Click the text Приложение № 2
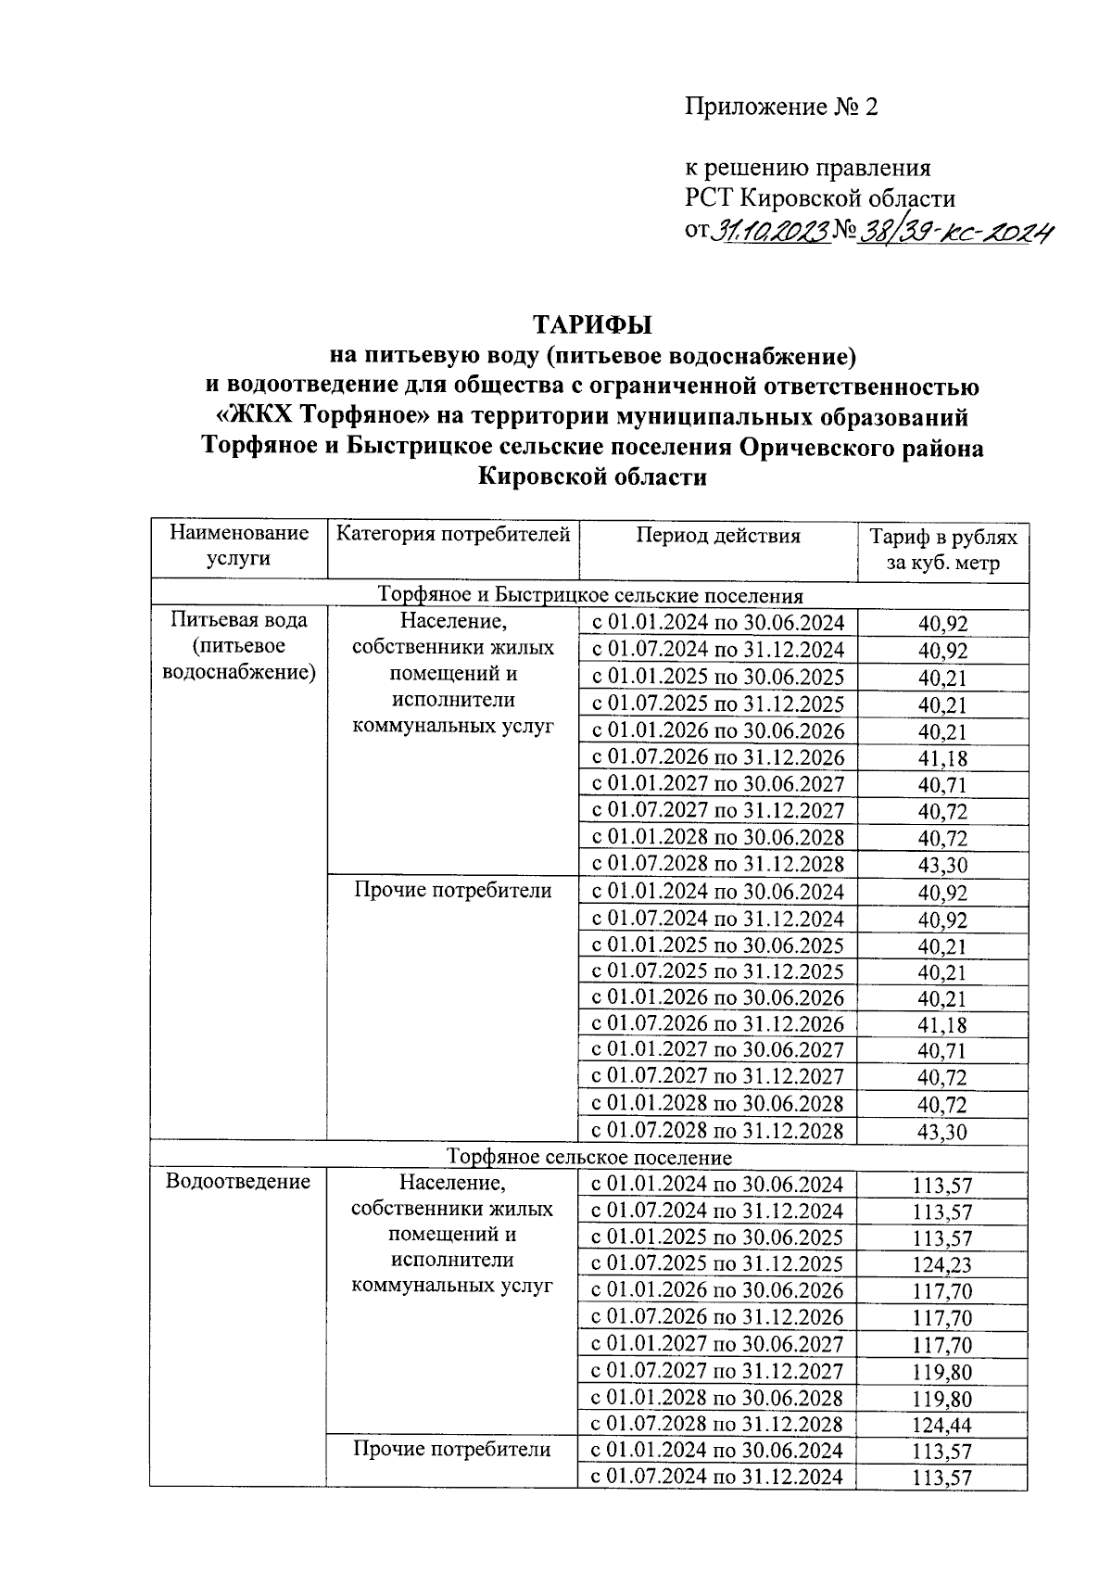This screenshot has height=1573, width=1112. (780, 108)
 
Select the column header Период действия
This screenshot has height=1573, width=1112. (717, 536)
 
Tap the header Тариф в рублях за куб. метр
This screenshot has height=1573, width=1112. (942, 550)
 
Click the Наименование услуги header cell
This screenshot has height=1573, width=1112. (239, 545)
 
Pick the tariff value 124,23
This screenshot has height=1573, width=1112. (942, 1265)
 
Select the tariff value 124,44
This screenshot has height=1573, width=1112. (942, 1426)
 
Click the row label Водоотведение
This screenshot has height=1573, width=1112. (237, 1182)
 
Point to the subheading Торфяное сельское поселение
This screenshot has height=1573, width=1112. (589, 1157)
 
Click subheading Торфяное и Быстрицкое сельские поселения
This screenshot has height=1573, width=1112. (589, 595)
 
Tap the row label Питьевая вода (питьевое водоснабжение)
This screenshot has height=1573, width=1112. (239, 646)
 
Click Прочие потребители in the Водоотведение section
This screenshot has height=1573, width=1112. (452, 1450)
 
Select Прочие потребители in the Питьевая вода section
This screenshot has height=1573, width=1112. (452, 891)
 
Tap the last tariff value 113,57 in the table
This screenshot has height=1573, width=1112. (942, 1478)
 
